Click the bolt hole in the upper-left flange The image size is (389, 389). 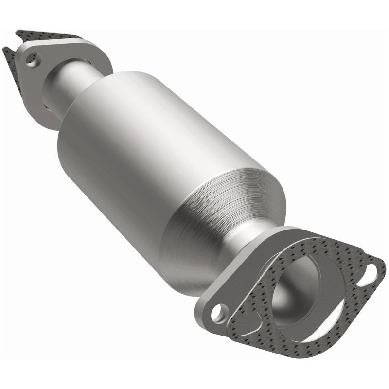[x=33, y=62]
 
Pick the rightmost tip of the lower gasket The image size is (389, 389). [x=384, y=265]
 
